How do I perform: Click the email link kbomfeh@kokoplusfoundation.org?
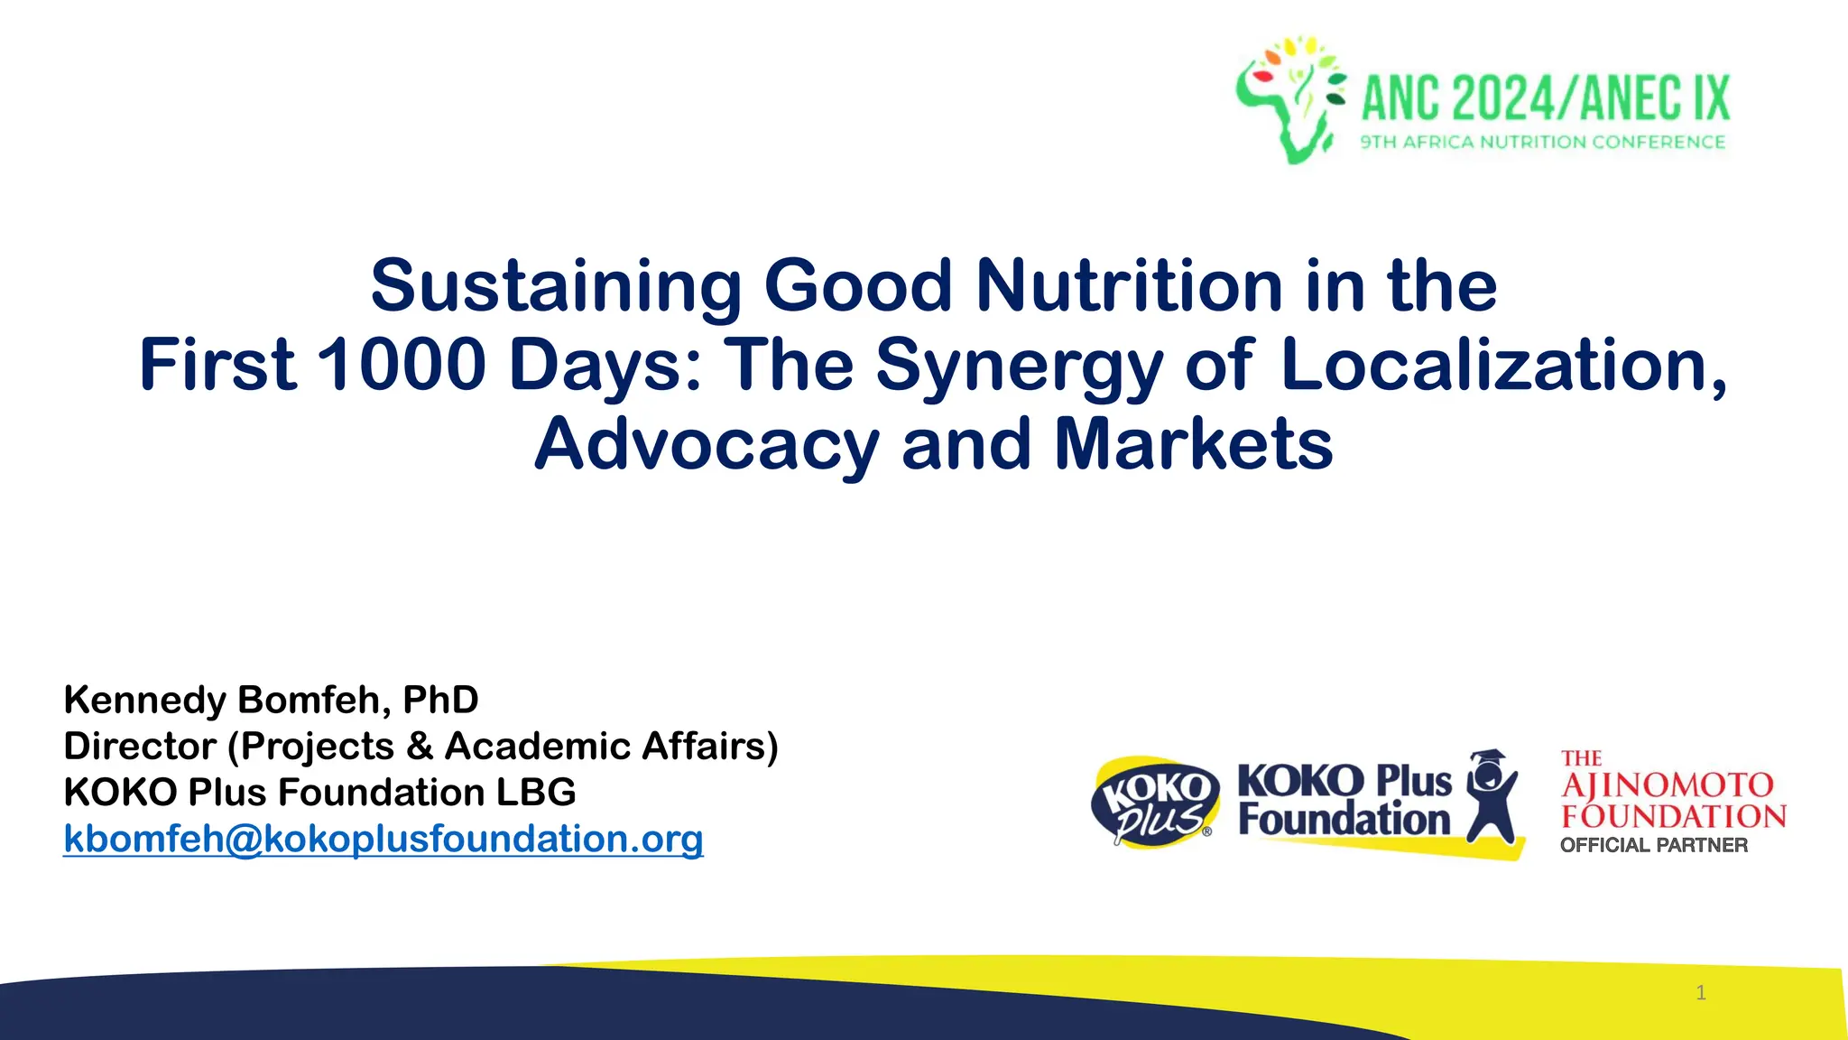tap(383, 839)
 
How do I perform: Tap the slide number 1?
tap(1701, 993)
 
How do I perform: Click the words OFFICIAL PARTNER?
tap(1653, 845)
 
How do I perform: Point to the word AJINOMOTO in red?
tap(1668, 785)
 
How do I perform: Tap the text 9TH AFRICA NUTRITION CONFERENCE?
tap(1542, 142)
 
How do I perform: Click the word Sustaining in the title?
tap(556, 286)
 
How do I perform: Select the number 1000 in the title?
tap(402, 365)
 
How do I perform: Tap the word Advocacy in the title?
tap(707, 445)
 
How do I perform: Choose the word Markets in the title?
tap(1193, 443)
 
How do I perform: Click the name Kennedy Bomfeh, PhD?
tap(271, 700)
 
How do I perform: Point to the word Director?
tap(140, 747)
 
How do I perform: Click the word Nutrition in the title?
tap(1128, 286)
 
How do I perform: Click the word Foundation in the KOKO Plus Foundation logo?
tap(1344, 820)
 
